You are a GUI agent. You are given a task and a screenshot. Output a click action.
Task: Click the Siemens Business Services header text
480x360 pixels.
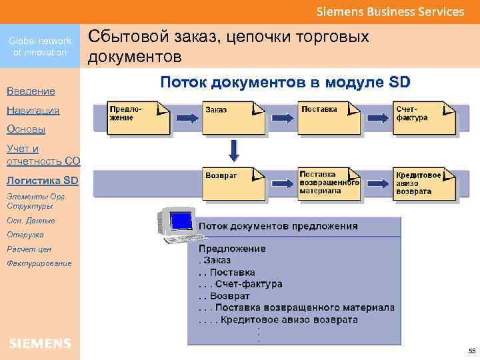click(x=390, y=11)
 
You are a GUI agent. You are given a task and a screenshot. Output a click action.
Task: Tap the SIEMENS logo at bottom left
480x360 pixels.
click(x=40, y=343)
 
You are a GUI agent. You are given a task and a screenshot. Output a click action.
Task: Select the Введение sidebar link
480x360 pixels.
click(x=31, y=91)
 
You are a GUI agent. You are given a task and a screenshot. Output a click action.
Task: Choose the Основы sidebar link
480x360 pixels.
click(x=26, y=129)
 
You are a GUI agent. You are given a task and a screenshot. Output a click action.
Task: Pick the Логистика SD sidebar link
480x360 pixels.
click(x=42, y=180)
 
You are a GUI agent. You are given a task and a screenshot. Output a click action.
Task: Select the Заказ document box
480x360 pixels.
click(x=229, y=117)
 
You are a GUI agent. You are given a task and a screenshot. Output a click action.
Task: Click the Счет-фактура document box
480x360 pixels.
click(x=421, y=117)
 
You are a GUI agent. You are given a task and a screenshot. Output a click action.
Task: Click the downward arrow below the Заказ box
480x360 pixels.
click(x=233, y=150)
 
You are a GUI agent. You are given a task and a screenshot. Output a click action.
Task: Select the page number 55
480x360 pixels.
click(x=471, y=351)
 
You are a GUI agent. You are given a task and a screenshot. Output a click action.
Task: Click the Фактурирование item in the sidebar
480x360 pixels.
click(x=39, y=263)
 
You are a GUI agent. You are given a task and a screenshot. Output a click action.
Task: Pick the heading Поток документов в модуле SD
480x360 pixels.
click(x=285, y=83)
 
